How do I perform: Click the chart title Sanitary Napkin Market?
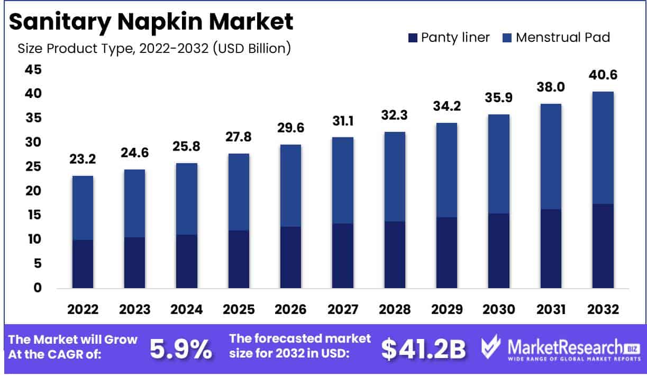pos(151,22)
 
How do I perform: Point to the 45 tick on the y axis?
pos(33,70)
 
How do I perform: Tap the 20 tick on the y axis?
pos(33,191)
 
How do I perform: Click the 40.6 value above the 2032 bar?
pos(603,76)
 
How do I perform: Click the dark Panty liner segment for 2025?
pos(239,259)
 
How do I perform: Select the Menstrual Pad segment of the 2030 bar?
pos(499,164)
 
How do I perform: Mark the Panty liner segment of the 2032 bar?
pos(603,246)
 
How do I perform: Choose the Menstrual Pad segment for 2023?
pos(135,203)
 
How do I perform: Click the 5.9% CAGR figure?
pos(181,350)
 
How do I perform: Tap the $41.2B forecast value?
pos(423,350)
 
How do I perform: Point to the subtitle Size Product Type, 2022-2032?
pos(154,49)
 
